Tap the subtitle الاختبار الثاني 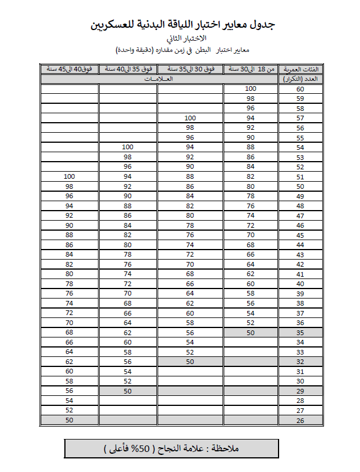pyautogui.click(x=184, y=38)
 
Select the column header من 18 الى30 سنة pyautogui.click(x=250, y=68)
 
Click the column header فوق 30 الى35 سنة pyautogui.click(x=190, y=68)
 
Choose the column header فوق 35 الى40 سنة pyautogui.click(x=127, y=68)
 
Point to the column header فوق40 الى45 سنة pyautogui.click(x=69, y=68)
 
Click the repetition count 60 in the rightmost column pyautogui.click(x=300, y=88)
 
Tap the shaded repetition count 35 pyautogui.click(x=300, y=332)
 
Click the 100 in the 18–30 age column pyautogui.click(x=250, y=88)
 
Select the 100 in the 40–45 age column pyautogui.click(x=69, y=176)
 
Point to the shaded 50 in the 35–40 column pyautogui.click(x=127, y=391)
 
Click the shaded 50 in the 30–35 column pyautogui.click(x=190, y=361)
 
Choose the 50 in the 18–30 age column pyautogui.click(x=250, y=332)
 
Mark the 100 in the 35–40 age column pyautogui.click(x=127, y=147)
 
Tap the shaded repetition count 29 pyautogui.click(x=300, y=391)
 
